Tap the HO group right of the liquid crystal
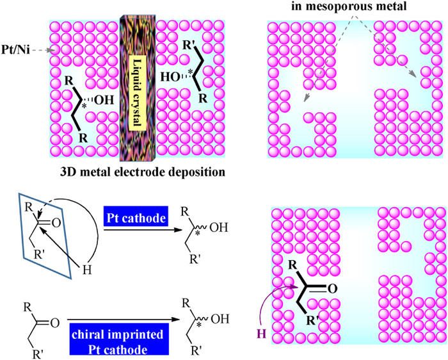[168, 74]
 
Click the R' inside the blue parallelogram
[33, 261]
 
